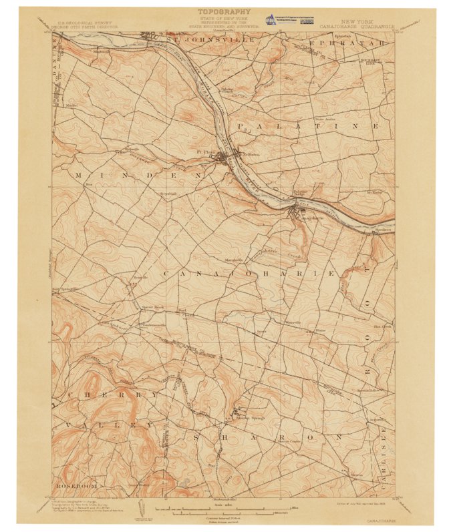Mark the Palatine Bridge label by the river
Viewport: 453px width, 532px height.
pyautogui.click(x=303, y=194)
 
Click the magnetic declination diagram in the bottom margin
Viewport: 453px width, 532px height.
pyautogui.click(x=142, y=509)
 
